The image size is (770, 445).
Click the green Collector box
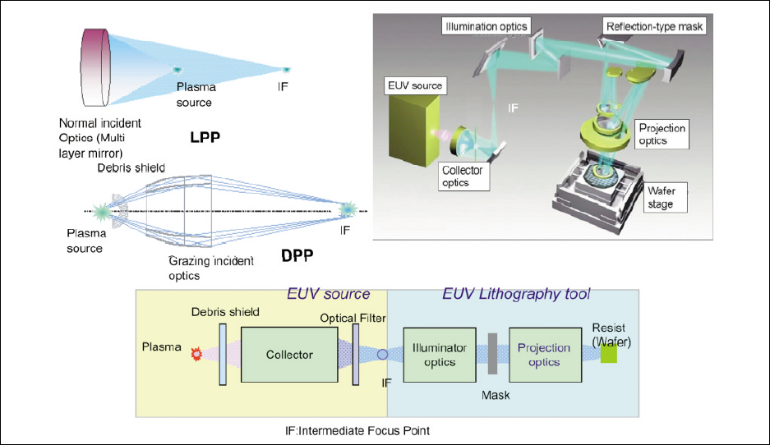(x=289, y=355)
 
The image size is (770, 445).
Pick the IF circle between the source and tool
(x=383, y=355)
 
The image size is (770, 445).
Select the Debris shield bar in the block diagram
(x=223, y=354)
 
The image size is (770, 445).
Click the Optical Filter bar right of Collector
(x=356, y=354)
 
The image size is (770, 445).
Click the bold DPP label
(x=298, y=255)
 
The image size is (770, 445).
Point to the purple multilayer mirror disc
(x=96, y=67)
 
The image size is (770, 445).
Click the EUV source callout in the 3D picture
(x=416, y=85)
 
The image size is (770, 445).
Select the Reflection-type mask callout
(x=654, y=27)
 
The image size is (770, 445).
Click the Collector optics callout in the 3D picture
(x=462, y=177)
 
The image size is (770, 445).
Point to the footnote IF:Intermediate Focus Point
(x=353, y=430)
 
